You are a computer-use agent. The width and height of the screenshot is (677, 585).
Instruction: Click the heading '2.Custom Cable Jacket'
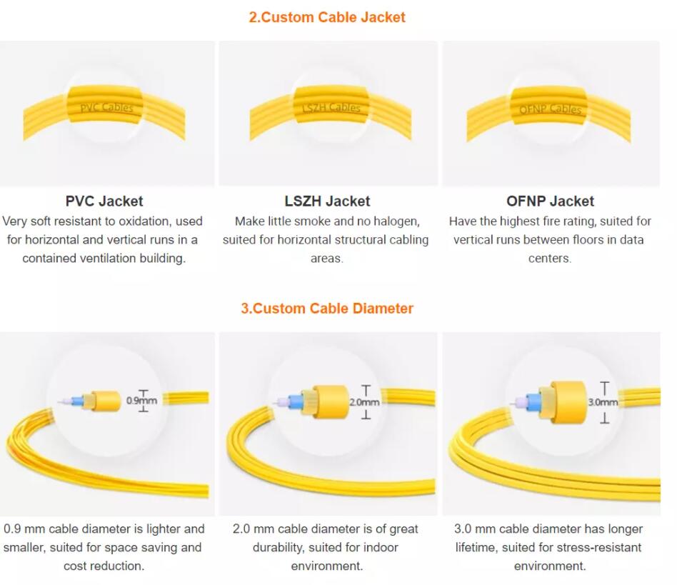(x=326, y=17)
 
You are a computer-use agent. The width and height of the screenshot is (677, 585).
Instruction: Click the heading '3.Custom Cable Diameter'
(x=326, y=309)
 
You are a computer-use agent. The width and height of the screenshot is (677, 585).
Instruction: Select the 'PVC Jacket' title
(x=104, y=201)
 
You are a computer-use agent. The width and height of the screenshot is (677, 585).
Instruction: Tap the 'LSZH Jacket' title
(x=327, y=201)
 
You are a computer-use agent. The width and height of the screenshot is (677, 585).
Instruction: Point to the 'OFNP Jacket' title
(x=550, y=201)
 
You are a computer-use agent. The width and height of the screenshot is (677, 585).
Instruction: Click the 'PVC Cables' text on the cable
(x=106, y=108)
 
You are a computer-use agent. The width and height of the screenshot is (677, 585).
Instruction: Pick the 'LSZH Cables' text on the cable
(x=331, y=108)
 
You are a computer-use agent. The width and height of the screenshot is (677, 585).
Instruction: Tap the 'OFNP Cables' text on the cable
(x=551, y=109)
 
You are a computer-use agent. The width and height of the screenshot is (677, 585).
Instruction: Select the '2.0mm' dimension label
(x=364, y=402)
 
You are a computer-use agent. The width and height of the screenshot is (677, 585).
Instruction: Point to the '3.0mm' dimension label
(x=603, y=402)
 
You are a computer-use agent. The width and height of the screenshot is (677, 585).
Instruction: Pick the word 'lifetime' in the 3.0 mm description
(x=476, y=548)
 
